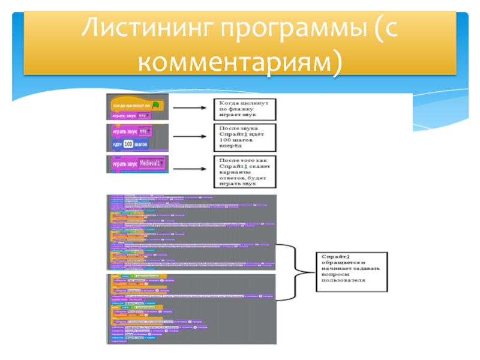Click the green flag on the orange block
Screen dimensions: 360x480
pos(156,104)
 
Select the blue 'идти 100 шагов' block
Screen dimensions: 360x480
pos(129,145)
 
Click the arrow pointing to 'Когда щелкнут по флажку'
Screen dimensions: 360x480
pos(191,108)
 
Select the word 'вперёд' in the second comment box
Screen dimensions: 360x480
pos(229,145)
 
